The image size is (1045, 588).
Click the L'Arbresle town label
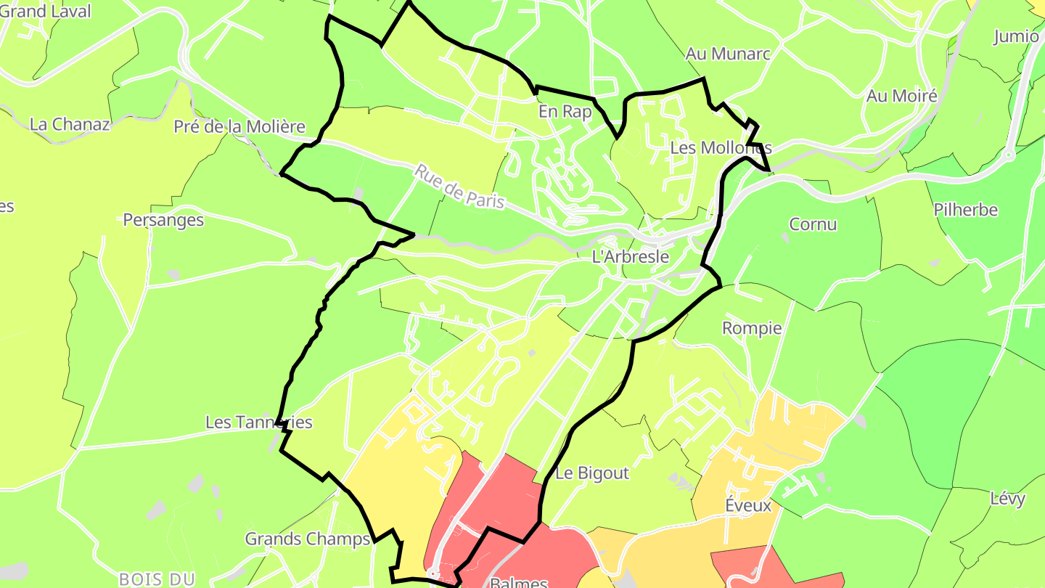631,256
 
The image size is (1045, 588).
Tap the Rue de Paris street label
459,187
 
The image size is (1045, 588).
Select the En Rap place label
565,113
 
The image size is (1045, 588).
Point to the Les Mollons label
721,147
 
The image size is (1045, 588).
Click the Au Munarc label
728,54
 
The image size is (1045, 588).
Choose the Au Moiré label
902,96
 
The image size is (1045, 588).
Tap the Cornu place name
813,224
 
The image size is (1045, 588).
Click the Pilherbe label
966,211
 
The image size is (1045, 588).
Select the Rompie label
752,328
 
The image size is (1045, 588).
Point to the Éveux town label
748,505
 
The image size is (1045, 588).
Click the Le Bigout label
592,473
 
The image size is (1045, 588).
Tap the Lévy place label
1008,499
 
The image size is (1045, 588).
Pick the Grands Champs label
308,539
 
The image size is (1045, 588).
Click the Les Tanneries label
259,422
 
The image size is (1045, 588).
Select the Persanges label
163,220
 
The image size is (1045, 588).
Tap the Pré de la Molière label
239,127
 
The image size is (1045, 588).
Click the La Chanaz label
70,124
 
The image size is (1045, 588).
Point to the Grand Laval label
45,11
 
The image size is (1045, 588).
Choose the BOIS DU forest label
157,579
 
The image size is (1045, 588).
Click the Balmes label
519,582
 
